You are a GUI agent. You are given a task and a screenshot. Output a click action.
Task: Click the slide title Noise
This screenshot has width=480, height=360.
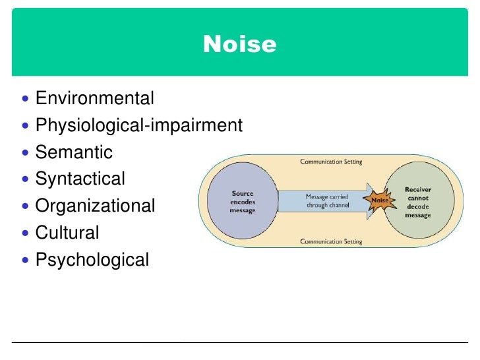(x=240, y=44)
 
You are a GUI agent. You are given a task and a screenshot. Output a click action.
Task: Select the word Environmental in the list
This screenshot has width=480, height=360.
(x=94, y=99)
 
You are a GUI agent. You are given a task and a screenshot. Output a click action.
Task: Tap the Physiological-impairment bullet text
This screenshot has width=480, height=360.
(x=139, y=125)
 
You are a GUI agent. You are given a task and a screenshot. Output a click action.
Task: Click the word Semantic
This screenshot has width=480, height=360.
(x=74, y=152)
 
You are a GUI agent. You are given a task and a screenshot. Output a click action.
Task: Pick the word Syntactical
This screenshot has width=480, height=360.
(x=80, y=179)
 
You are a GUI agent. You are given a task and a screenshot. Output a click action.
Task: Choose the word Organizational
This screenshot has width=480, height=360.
(x=95, y=206)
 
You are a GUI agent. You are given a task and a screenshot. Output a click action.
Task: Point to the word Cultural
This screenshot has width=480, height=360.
(x=67, y=232)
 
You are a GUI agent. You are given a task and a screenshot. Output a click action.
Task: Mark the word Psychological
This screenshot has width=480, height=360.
(x=92, y=259)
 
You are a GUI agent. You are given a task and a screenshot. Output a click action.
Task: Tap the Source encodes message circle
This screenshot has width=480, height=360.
(x=242, y=201)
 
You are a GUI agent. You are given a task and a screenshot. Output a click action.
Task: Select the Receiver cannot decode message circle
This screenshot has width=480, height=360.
(x=417, y=201)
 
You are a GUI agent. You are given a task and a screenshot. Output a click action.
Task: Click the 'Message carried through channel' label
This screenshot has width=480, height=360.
(x=328, y=200)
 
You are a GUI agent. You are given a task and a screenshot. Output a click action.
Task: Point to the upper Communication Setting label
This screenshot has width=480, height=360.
(x=331, y=162)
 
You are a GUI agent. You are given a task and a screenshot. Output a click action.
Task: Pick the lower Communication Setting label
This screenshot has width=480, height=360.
(x=331, y=241)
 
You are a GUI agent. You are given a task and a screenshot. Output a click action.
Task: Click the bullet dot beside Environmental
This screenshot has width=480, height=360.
(x=26, y=100)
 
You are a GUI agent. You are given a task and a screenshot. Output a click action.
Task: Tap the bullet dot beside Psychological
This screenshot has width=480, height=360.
(x=26, y=260)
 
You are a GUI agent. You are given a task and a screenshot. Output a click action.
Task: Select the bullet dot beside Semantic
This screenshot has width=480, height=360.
(x=26, y=153)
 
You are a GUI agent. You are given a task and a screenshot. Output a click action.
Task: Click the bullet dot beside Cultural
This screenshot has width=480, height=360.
(x=26, y=233)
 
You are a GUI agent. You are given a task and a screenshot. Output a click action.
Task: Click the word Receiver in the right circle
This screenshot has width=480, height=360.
(x=418, y=189)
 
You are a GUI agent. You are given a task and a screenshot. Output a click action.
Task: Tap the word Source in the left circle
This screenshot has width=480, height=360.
(x=242, y=193)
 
